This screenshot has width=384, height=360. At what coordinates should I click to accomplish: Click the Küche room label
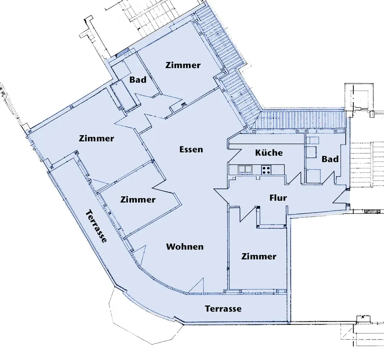coord(269,153)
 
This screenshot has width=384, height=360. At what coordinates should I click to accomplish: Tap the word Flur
coord(278,197)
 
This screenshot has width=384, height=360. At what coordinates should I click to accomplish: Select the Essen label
coord(191,149)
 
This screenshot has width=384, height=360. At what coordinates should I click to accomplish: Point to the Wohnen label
coord(185,247)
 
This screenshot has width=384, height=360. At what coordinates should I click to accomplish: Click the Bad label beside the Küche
coord(330,159)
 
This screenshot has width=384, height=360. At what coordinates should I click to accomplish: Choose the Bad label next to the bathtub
coord(138,80)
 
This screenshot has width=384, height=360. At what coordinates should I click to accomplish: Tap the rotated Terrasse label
coord(96,226)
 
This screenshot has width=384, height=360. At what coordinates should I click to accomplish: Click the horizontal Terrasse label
coord(223,309)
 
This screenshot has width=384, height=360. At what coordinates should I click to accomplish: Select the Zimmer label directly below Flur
coord(259,256)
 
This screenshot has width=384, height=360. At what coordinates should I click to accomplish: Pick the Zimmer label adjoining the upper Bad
coord(183,65)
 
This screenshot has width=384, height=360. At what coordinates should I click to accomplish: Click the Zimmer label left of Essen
coord(96,138)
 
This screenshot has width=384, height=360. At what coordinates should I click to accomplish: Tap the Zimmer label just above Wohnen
coord(138,199)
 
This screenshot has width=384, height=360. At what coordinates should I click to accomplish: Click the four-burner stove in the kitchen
coord(266,169)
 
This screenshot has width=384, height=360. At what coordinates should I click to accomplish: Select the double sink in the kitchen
coord(245,169)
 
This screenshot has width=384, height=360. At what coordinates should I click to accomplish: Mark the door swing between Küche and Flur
coord(295,178)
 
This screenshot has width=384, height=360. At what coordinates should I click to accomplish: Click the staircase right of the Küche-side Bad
coord(367,164)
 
